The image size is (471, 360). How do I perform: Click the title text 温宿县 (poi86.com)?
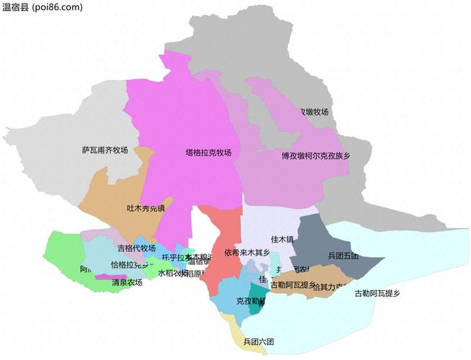pos(42,7)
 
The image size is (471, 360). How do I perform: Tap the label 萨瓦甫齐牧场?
pos(104,150)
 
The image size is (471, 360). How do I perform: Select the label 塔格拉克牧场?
pos(208,153)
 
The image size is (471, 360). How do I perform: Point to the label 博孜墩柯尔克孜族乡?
pos(315,156)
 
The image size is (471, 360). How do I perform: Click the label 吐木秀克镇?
pos(145,208)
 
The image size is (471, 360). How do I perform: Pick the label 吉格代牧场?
pos(136,248)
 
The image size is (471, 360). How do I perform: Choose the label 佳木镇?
pos(282,239)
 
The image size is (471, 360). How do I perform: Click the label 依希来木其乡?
pos(247,253)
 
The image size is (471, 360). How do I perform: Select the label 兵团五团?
pos(343,256)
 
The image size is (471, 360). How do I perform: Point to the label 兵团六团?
pos(259,341)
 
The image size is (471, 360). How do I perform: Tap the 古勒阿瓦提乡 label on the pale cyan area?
pos(377,293)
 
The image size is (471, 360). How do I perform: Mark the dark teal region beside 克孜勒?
pos(257,297)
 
